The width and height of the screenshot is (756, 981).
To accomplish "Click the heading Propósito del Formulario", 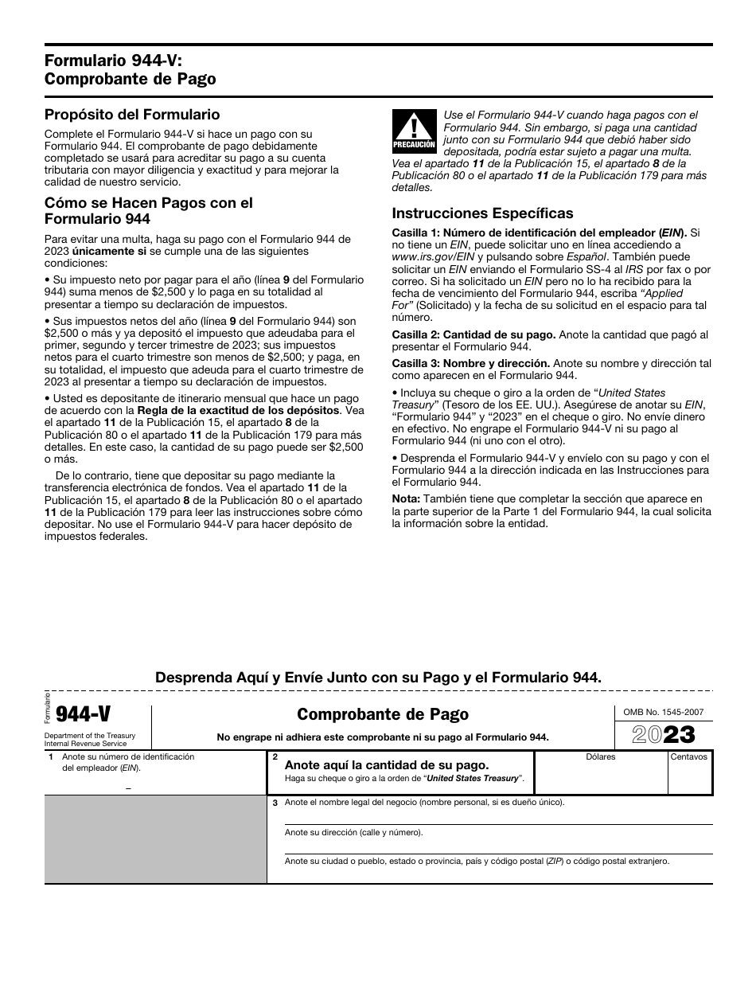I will [x=132, y=115].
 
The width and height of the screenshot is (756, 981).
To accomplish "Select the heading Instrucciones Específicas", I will [x=482, y=213].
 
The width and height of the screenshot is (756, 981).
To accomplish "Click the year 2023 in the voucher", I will [x=663, y=734].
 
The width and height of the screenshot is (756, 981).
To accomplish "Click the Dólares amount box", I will [x=601, y=776].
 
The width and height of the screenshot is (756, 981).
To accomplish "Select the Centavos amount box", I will [x=689, y=776].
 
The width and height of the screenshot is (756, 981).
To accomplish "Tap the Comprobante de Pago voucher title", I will [x=382, y=714].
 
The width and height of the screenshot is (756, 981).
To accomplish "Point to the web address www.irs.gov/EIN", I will [x=432, y=257].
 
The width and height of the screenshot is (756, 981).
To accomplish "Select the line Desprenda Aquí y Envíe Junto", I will [x=378, y=677].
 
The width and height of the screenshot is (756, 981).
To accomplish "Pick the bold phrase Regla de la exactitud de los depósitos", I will [x=251, y=410].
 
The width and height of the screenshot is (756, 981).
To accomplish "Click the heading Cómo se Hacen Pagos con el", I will [x=148, y=203].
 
